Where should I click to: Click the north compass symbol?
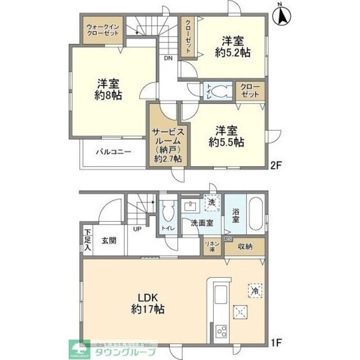pyautogui.click(x=282, y=15)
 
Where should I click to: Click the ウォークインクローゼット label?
pyautogui.click(x=102, y=30)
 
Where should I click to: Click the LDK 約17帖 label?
pyautogui.click(x=147, y=303)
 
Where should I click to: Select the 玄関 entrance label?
pyautogui.click(x=109, y=240)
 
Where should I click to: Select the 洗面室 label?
pyautogui.click(x=200, y=223)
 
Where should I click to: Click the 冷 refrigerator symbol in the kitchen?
pyautogui.click(x=254, y=291)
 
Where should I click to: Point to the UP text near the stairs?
pyautogui.click(x=137, y=229)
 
